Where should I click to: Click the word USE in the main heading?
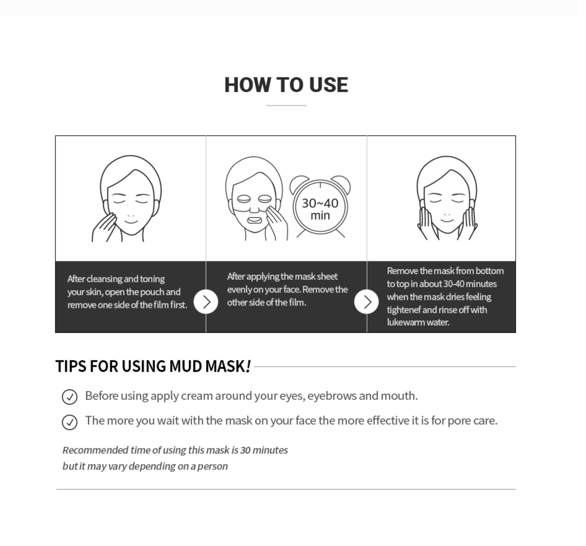pyautogui.click(x=328, y=85)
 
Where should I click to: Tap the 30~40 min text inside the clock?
pyautogui.click(x=320, y=209)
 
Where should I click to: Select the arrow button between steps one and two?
pyautogui.click(x=206, y=302)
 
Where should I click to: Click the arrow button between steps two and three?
pyautogui.click(x=366, y=302)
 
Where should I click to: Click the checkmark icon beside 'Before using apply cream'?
pyautogui.click(x=69, y=397)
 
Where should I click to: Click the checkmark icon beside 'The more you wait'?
pyautogui.click(x=69, y=422)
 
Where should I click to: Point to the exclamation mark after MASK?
pyautogui.click(x=248, y=366)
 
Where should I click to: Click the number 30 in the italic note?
pyautogui.click(x=245, y=450)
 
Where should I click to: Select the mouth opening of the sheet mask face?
pyautogui.click(x=254, y=221)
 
